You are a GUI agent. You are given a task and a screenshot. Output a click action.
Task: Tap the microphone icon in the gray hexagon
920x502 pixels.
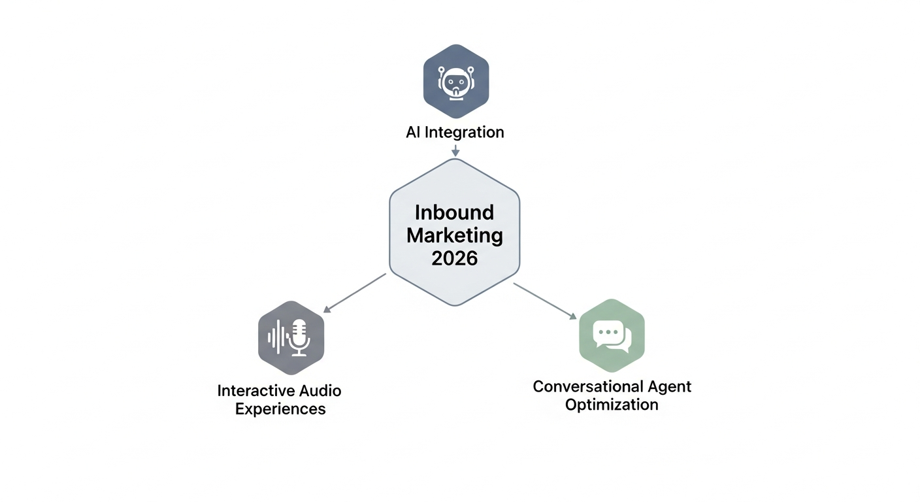(x=299, y=337)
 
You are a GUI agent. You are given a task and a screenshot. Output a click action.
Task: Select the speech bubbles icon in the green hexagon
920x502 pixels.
(x=612, y=335)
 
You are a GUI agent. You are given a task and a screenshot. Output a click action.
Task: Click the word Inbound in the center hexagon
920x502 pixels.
(x=454, y=212)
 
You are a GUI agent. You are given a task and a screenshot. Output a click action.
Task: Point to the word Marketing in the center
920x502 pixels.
(x=454, y=235)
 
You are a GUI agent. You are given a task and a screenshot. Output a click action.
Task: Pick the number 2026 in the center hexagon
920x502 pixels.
(x=454, y=258)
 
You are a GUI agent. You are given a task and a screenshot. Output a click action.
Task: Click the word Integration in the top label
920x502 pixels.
(x=464, y=132)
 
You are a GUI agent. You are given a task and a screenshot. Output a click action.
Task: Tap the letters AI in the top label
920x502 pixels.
(x=413, y=132)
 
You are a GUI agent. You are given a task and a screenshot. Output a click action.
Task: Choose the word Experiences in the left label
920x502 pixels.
(x=280, y=409)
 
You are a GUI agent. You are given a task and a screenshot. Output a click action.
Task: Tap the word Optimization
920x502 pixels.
(x=612, y=405)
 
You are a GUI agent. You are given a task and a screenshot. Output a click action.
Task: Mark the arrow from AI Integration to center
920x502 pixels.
(x=455, y=150)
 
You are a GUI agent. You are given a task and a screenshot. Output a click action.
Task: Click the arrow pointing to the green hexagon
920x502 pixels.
(x=546, y=301)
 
